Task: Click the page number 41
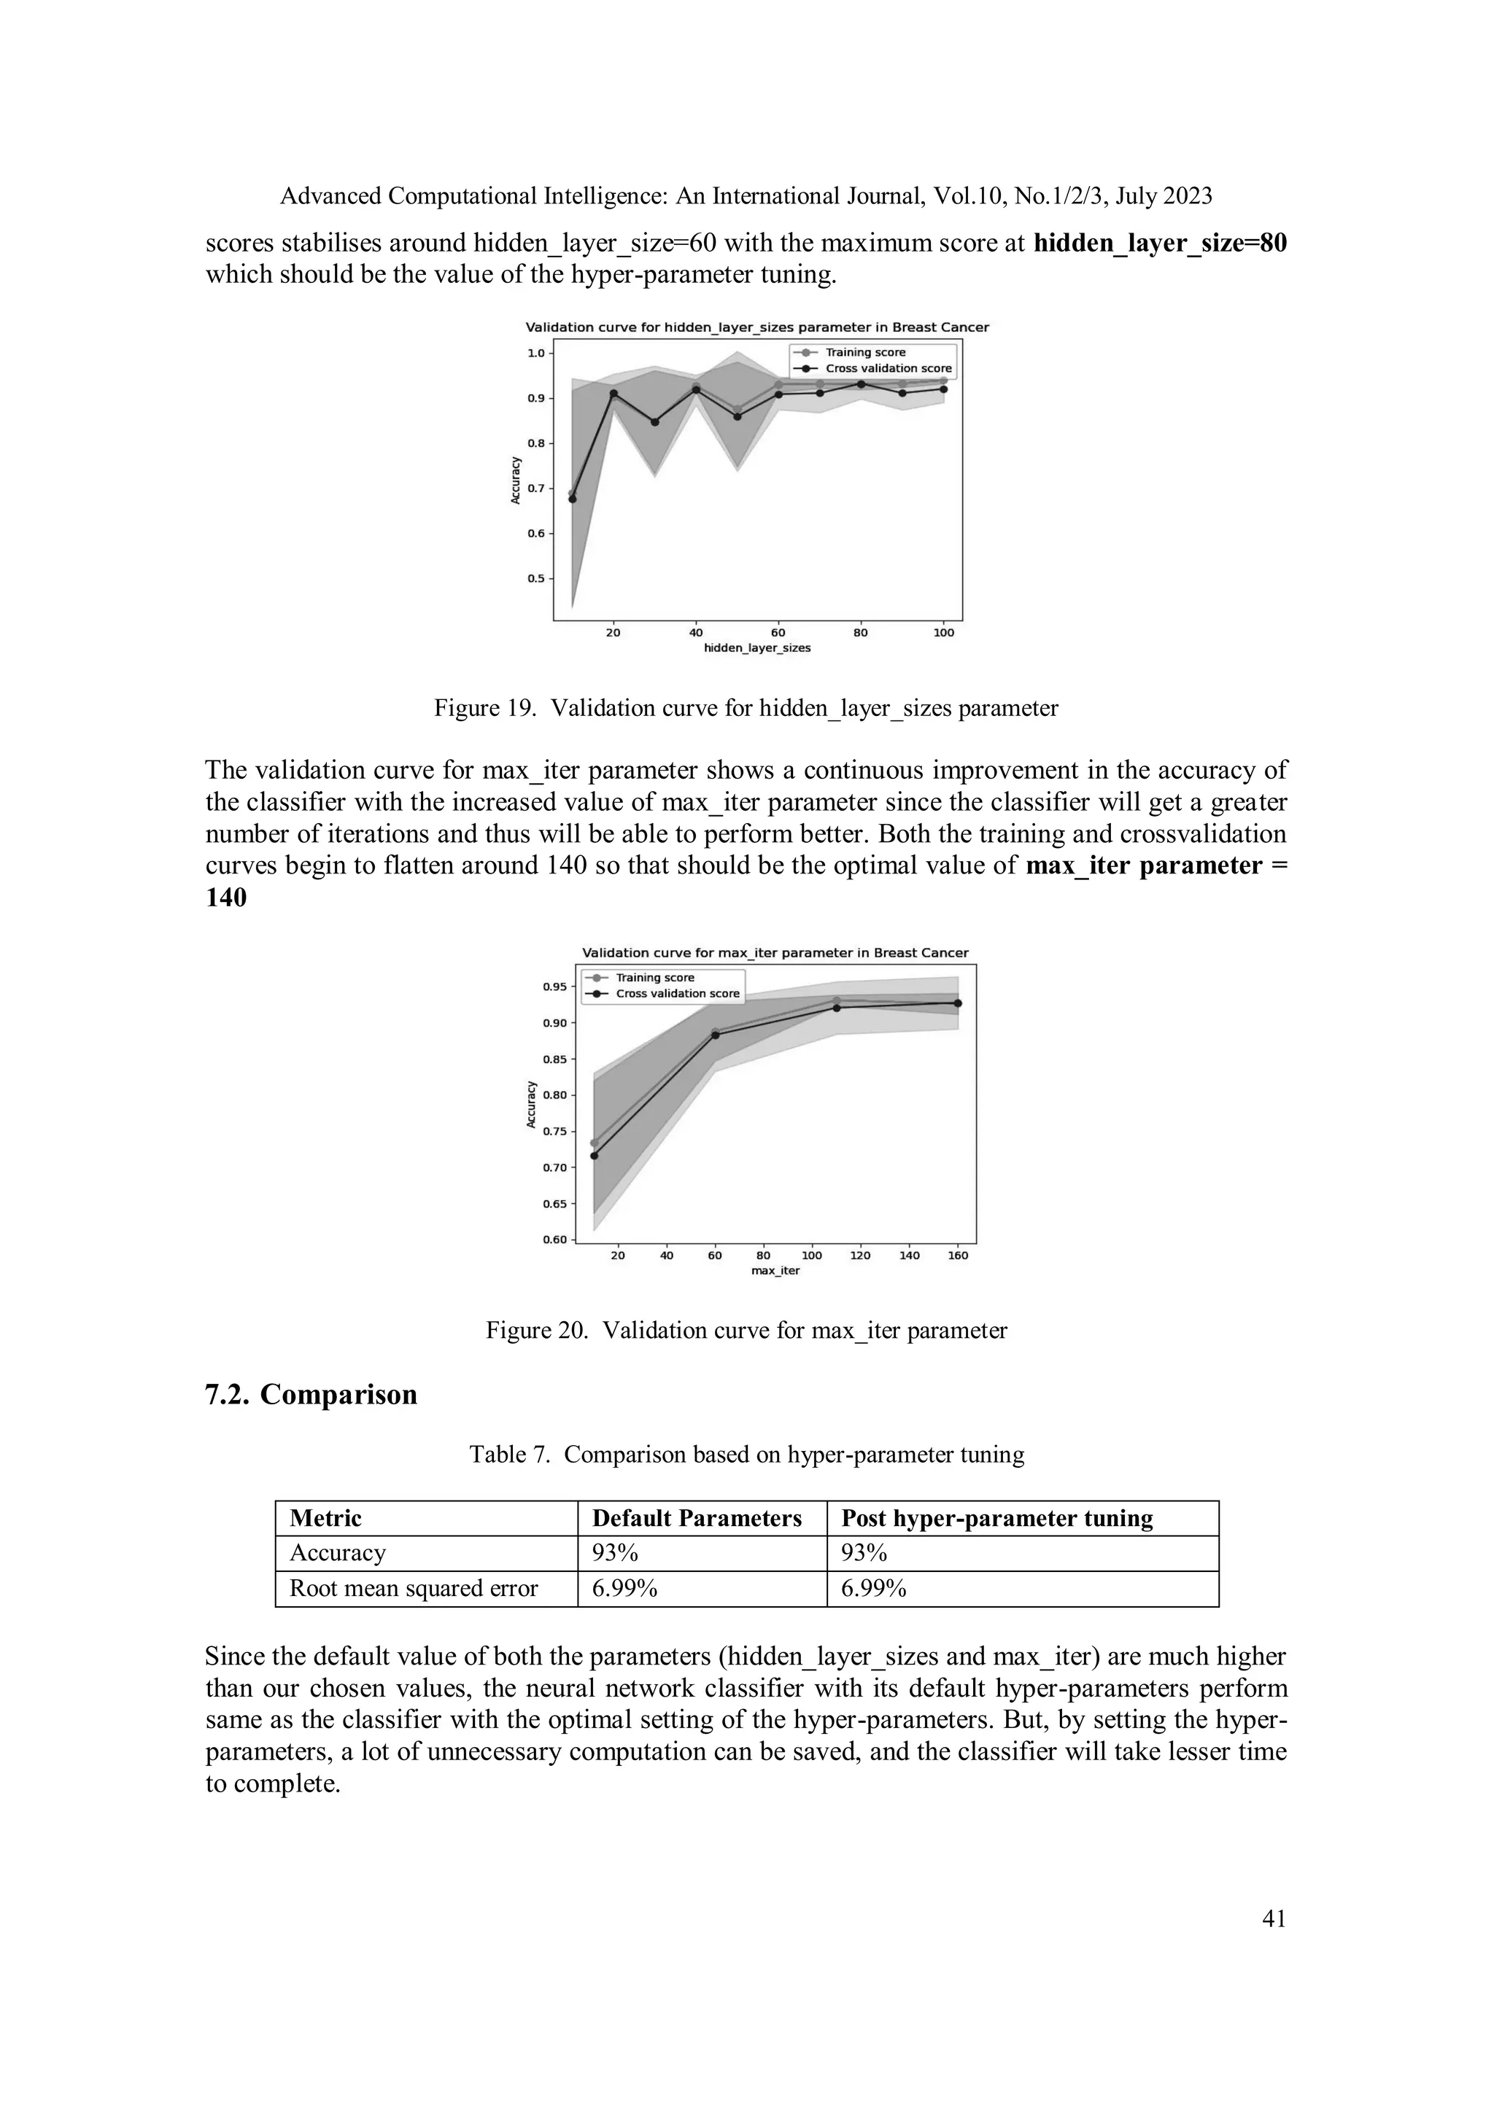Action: (x=1273, y=1918)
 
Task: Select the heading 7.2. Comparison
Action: (x=311, y=1394)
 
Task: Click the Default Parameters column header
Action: (x=696, y=1517)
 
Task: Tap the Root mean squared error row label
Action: (x=414, y=1587)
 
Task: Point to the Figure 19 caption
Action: (x=746, y=708)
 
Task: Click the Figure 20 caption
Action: (x=746, y=1330)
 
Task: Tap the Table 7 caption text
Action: (x=746, y=1454)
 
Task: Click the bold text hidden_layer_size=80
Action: (x=1160, y=243)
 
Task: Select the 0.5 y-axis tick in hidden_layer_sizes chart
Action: (x=535, y=579)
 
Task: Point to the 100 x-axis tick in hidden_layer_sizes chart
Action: (x=943, y=633)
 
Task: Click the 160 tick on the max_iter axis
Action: (x=957, y=1256)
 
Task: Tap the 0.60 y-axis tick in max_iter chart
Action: (x=554, y=1240)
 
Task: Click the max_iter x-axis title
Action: (x=775, y=1271)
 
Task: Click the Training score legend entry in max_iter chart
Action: (x=654, y=977)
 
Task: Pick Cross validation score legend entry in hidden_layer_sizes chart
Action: (x=887, y=368)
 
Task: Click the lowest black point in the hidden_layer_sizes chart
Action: (x=572, y=499)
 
